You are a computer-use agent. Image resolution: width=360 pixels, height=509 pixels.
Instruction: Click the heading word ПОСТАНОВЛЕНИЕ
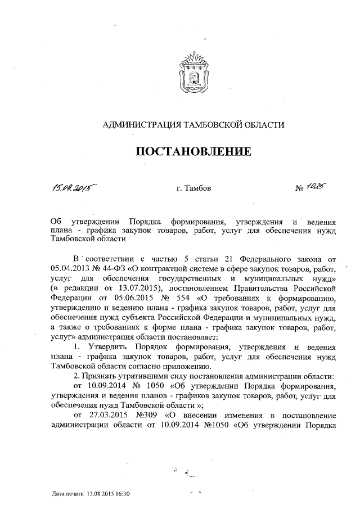(x=192, y=152)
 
